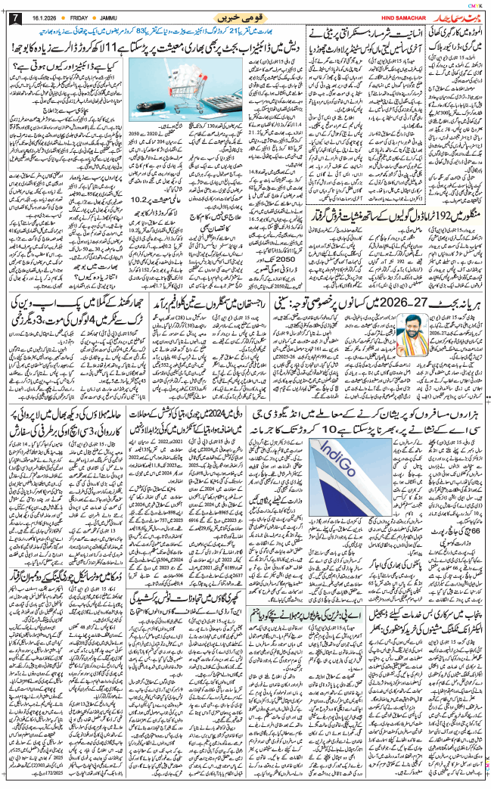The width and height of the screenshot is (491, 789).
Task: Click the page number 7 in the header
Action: pyautogui.click(x=10, y=17)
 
